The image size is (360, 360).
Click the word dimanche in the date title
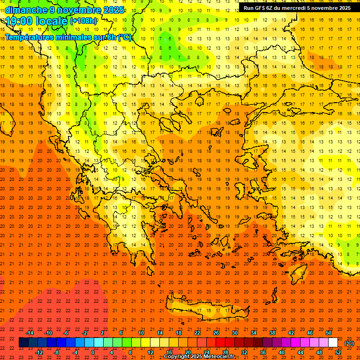coord(26,10)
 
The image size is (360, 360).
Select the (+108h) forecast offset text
coord(83,21)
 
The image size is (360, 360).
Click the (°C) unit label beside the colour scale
coord(349,343)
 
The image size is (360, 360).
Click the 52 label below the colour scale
coord(338,352)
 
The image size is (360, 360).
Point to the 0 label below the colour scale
coord(93,352)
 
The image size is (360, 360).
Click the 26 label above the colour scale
coord(216,333)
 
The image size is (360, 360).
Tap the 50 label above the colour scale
coord(329,333)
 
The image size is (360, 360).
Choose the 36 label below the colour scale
coord(263,352)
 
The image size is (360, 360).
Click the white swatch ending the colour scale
coord(333,343)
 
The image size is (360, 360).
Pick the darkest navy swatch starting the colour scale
coord(24,343)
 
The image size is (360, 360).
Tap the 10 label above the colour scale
coord(141,333)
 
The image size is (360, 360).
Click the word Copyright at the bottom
coord(178,357)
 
